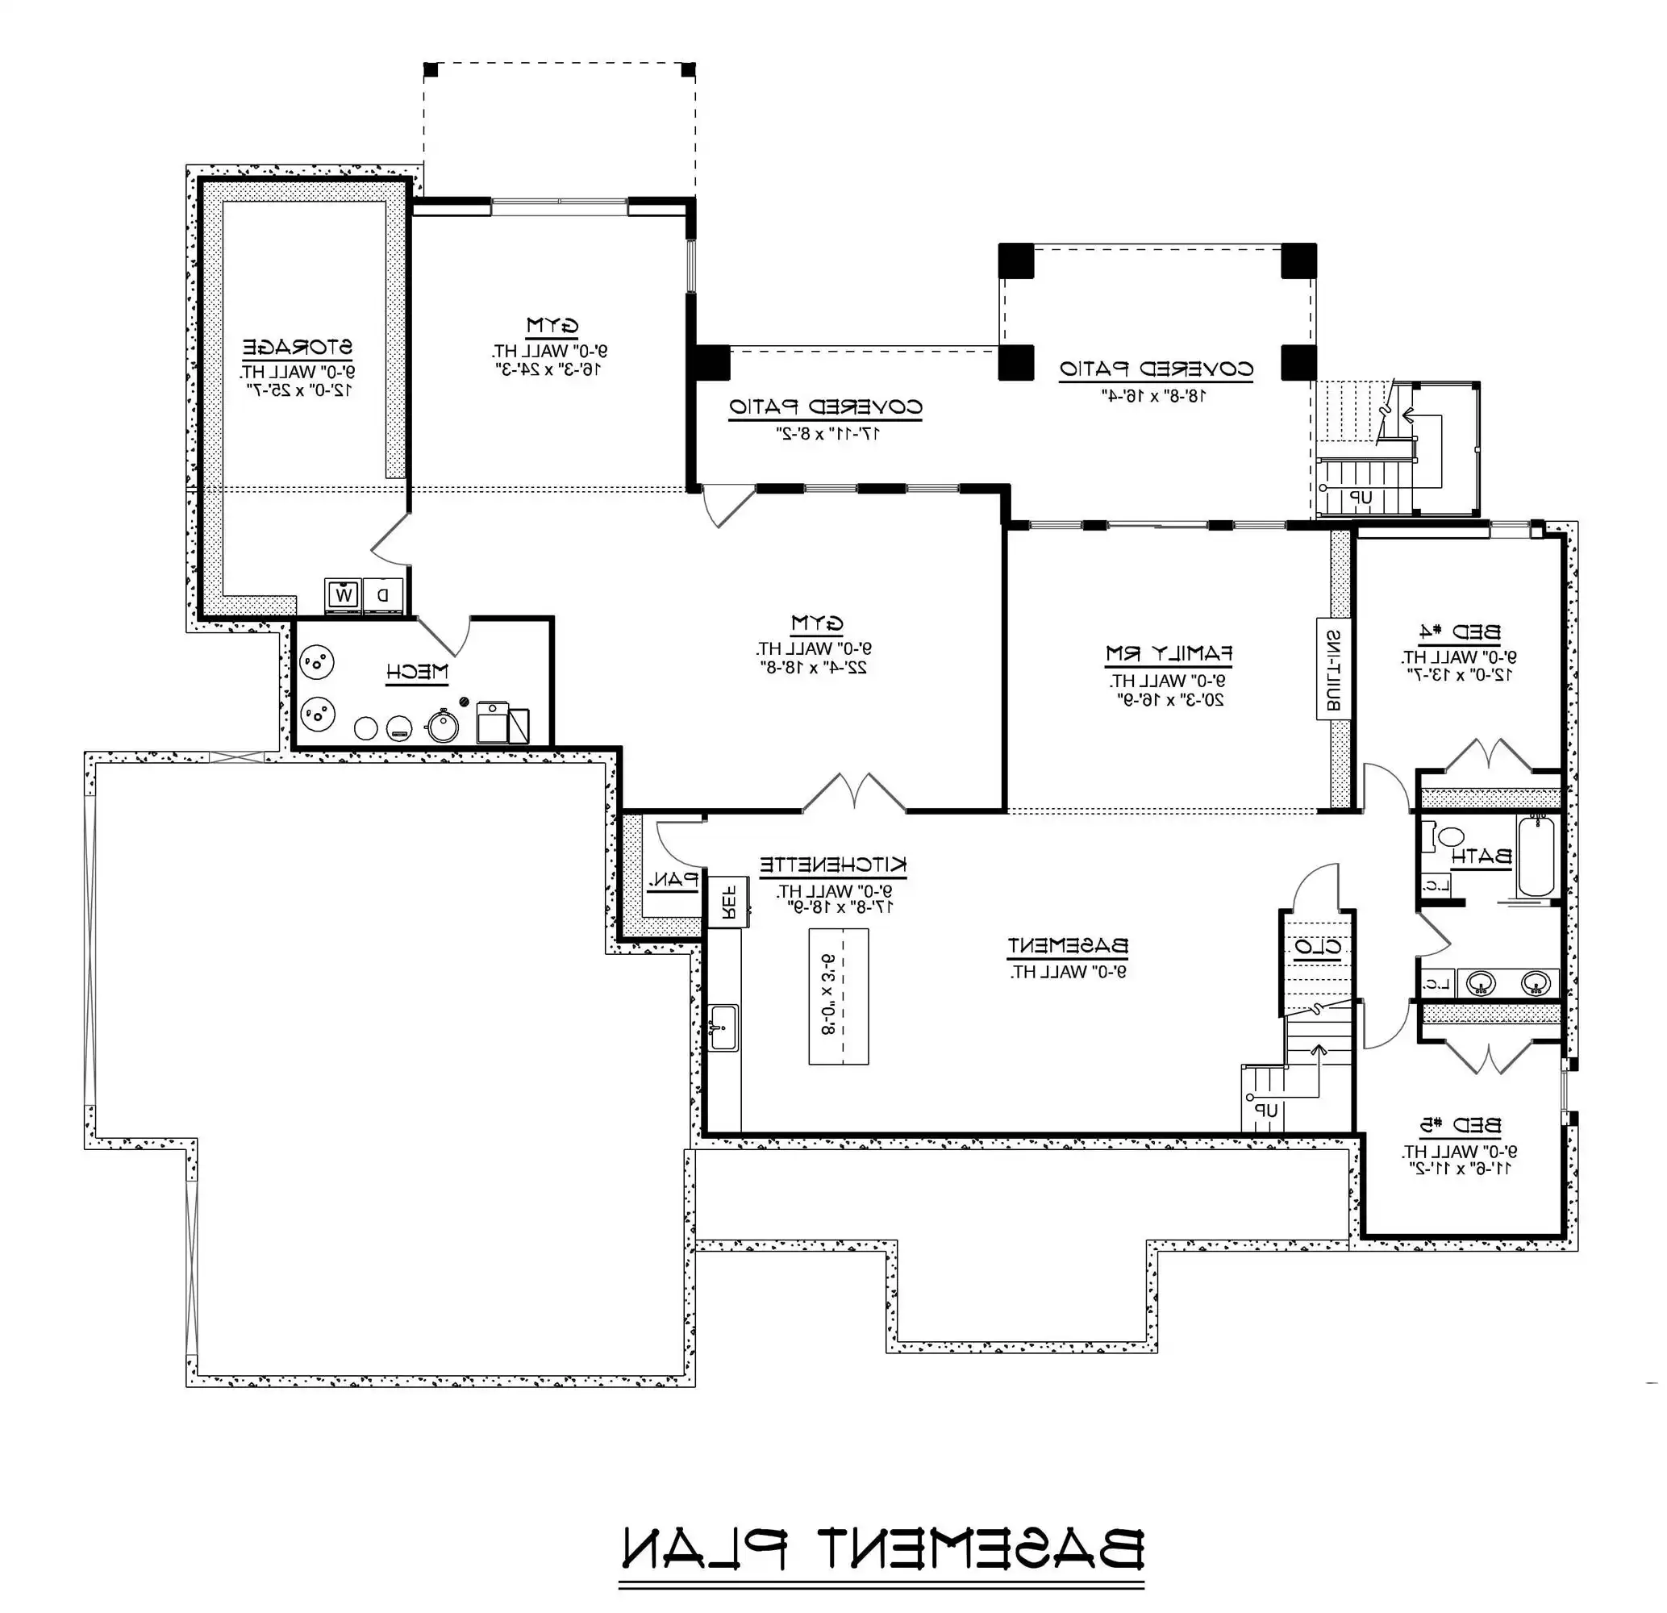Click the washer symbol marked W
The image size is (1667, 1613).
point(343,595)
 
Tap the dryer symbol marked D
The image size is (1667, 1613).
point(383,595)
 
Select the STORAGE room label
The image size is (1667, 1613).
point(298,347)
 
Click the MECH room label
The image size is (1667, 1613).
point(417,672)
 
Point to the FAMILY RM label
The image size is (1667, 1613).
point(1169,654)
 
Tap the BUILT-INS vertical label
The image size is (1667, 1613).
point(1334,669)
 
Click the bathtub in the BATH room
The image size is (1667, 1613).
point(1536,856)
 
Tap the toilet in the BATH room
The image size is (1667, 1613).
point(1446,837)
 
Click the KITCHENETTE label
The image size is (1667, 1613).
point(832,865)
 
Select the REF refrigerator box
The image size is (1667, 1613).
point(728,901)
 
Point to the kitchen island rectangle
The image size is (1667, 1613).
point(838,995)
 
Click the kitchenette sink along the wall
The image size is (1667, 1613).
point(723,1027)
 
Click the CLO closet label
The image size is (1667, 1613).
point(1318,946)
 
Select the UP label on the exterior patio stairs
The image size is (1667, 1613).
point(1361,498)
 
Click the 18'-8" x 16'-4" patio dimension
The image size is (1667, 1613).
point(1155,394)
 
